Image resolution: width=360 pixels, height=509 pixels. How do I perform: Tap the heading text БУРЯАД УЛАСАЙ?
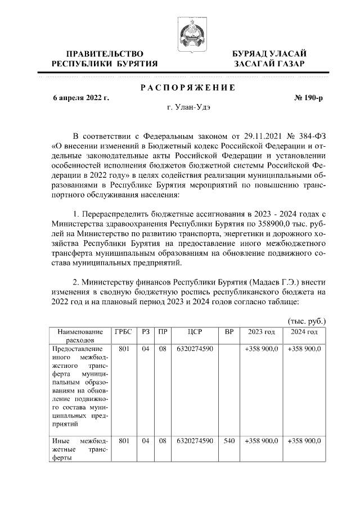point(270,53)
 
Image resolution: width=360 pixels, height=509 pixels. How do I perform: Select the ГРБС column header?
point(123,332)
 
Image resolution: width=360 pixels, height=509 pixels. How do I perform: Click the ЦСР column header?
point(194,332)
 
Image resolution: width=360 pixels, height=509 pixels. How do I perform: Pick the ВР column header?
point(229,332)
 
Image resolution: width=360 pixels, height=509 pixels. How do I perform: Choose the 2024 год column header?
point(304,332)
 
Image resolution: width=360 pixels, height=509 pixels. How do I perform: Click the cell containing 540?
point(229,441)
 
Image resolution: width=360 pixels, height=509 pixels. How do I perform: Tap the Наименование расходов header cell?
point(76,336)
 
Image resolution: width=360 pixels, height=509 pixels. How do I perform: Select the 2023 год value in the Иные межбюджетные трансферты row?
point(261,441)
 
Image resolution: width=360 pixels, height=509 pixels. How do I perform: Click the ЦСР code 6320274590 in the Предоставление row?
point(194,349)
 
